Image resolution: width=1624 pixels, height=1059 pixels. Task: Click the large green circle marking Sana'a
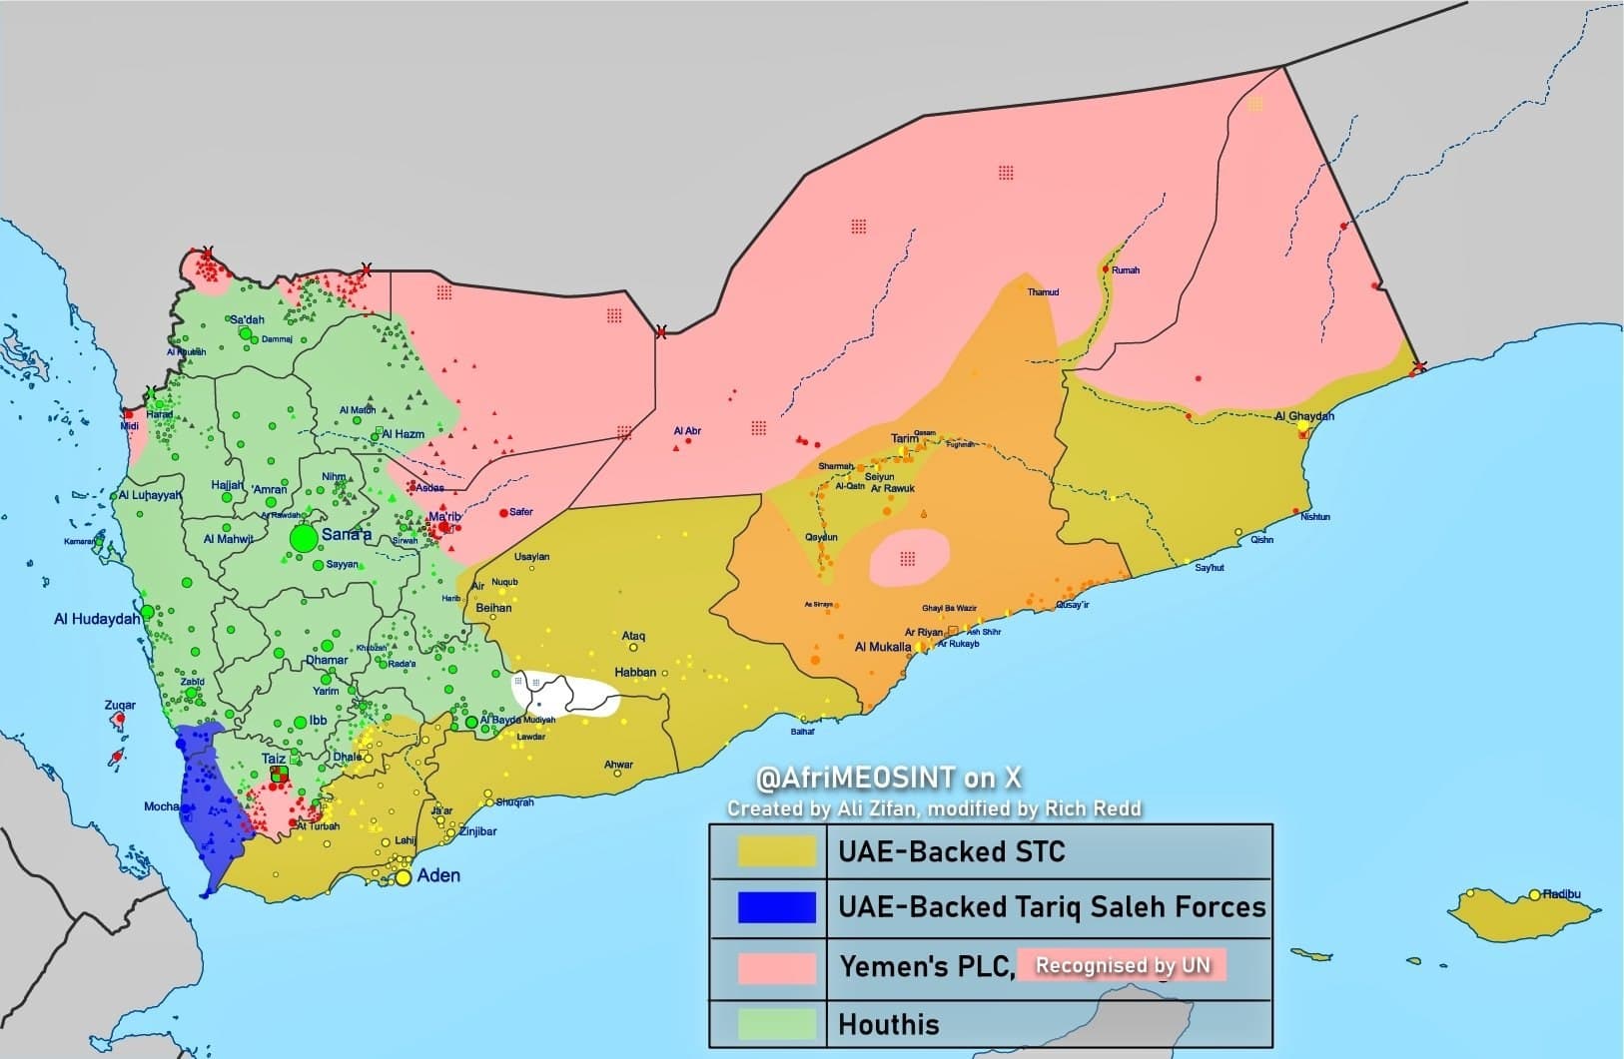click(x=304, y=538)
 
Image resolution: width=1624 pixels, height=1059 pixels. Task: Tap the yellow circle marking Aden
click(x=403, y=878)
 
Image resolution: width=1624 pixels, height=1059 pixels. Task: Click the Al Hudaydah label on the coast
click(x=97, y=619)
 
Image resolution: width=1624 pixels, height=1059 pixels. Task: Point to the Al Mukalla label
click(x=883, y=647)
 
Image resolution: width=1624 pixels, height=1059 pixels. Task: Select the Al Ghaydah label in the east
click(x=1304, y=416)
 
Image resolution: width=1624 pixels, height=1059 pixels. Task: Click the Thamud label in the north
click(x=1043, y=292)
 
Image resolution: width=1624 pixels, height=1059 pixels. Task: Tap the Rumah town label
click(x=1125, y=270)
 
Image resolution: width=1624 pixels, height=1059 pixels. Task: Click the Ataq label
click(x=633, y=636)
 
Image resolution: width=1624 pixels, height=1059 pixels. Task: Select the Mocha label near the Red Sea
click(x=161, y=806)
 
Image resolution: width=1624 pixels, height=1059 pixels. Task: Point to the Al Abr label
click(x=687, y=431)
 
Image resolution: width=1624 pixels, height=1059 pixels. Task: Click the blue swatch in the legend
click(x=776, y=907)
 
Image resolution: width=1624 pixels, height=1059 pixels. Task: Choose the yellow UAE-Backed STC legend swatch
click(x=776, y=851)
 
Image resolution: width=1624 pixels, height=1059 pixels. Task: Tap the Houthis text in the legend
click(x=889, y=1024)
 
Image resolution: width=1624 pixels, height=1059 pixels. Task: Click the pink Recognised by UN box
click(x=1122, y=965)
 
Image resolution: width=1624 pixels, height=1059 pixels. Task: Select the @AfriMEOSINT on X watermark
click(x=889, y=778)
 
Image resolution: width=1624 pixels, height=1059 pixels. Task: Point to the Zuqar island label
click(x=120, y=705)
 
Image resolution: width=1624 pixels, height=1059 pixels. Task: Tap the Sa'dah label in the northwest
click(x=248, y=319)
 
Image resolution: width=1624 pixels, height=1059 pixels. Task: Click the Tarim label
click(x=904, y=438)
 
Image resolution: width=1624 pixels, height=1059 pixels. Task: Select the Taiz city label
click(x=273, y=759)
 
